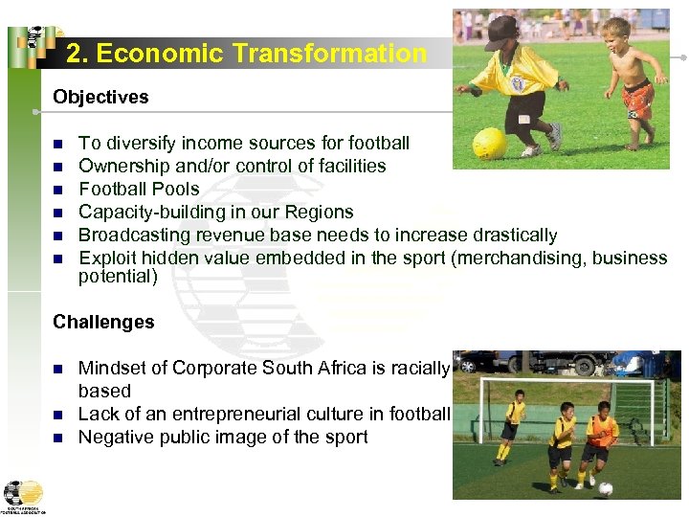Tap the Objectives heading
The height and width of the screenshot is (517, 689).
pos(100,97)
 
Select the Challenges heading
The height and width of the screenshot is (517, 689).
pos(103,322)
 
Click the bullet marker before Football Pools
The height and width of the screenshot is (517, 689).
pos(57,190)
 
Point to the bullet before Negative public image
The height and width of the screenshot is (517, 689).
pos(57,438)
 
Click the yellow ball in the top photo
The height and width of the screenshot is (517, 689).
pos(491,144)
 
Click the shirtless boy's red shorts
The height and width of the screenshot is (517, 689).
pos(636,97)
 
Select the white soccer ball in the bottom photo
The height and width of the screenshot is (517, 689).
pos(605,488)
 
